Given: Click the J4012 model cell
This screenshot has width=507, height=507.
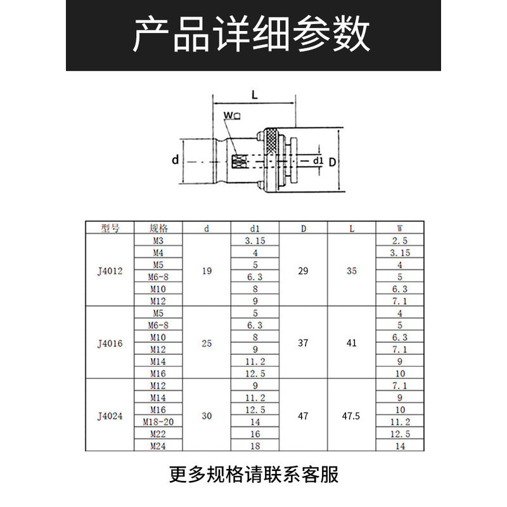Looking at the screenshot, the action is pos(110,271).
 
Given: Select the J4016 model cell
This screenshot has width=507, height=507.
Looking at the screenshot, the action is pos(110,343).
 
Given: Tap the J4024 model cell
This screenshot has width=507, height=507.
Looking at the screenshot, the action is pos(110,416).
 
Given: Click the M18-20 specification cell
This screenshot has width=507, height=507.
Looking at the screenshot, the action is pos(158,421).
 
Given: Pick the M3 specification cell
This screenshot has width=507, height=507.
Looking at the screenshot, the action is pos(158,241).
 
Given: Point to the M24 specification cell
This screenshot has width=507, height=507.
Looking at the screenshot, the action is pos(158,446).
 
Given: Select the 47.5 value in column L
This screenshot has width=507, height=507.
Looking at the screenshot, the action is pos(351,416).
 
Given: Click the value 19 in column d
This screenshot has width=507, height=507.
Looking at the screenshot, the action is pos(207,271).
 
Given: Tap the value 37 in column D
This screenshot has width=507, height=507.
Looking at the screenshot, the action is pos(303,343).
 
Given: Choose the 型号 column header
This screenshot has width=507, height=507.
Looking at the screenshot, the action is pos(110,228).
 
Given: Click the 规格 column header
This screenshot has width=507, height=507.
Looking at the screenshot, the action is pos(158,228).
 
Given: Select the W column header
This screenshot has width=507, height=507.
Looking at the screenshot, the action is pos(400,228).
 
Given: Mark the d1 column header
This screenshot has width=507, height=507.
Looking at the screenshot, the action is pos(255,228).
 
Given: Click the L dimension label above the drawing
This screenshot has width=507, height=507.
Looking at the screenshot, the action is pos(255,94).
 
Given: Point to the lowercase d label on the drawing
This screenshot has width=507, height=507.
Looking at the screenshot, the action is pos(176,160).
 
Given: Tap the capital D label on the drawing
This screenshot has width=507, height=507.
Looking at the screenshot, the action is pos(332,162).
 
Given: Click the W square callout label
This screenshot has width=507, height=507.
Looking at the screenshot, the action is pos(232,115).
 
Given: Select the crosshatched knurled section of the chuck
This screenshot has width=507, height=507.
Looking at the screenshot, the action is pos(271,141).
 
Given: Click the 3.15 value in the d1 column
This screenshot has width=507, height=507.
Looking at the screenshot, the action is pos(255,241).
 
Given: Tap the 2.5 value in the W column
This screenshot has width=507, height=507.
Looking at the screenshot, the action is pos(400,241).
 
